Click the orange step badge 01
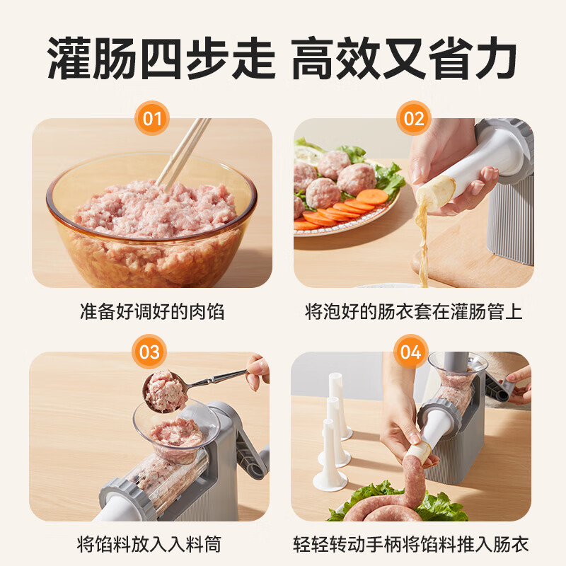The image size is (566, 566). (152, 118)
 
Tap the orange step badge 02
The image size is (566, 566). (414, 118)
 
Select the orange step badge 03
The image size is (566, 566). (149, 352)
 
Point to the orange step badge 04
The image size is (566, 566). (411, 352)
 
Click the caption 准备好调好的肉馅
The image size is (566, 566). (151, 312)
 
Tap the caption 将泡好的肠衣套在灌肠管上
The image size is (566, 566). (413, 312)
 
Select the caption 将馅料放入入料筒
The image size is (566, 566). (149, 544)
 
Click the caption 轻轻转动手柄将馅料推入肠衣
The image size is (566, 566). (410, 544)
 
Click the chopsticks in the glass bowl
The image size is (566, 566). (183, 152)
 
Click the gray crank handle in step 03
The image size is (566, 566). (248, 446)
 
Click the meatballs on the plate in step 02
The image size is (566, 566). (333, 177)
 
